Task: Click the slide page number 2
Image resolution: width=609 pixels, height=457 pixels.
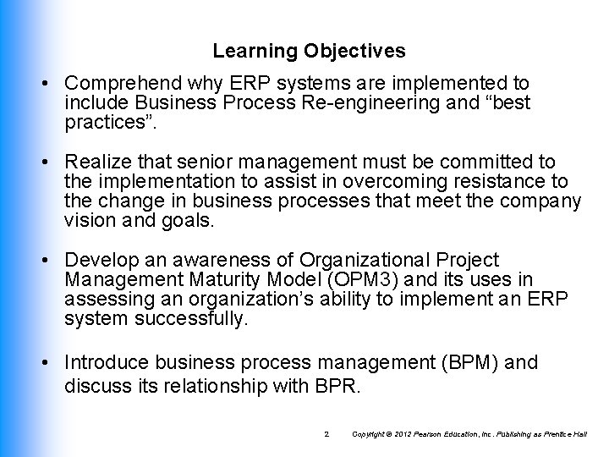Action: (x=326, y=434)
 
